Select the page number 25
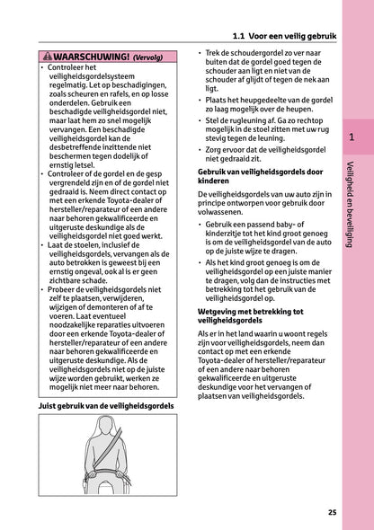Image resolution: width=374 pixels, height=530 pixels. click(333, 512)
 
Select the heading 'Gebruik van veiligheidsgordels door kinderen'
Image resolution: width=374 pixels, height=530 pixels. click(251, 176)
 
